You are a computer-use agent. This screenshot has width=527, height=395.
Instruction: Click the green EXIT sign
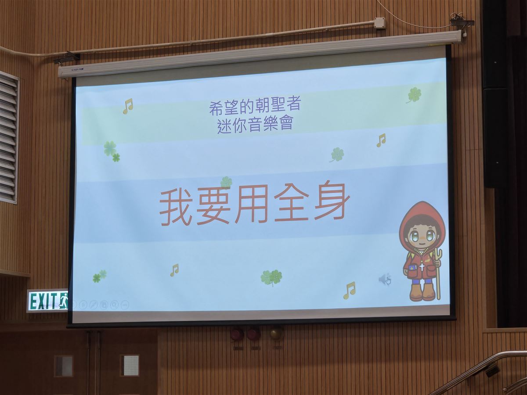[x=47, y=301]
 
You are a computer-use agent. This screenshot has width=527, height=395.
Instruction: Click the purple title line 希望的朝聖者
[x=255, y=107]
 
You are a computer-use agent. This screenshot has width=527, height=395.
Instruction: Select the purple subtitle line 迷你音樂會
[x=255, y=125]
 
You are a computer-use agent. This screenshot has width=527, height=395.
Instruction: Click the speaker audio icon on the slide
[x=385, y=279]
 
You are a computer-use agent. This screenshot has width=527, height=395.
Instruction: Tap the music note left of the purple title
[x=128, y=106]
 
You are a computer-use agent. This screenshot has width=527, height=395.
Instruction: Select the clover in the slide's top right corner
[x=414, y=95]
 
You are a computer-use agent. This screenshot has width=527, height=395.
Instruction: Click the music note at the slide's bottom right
[x=349, y=291]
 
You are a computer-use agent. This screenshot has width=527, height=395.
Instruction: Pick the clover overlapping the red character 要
[x=226, y=182]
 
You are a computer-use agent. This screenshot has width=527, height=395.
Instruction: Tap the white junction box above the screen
[x=380, y=23]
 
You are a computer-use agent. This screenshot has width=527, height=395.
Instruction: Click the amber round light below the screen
[x=277, y=334]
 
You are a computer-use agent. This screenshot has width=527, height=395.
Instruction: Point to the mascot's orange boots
[x=422, y=292]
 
